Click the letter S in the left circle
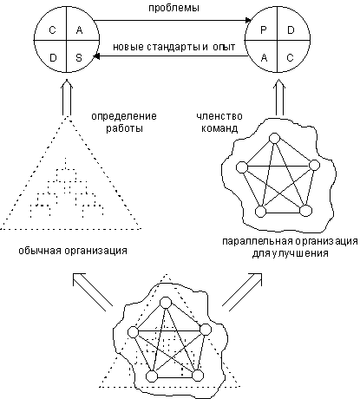[79, 58]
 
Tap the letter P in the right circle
[264, 29]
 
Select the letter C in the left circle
[52, 29]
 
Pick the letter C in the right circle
[290, 58]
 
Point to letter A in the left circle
[79, 29]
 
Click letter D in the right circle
[291, 29]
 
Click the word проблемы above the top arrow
[173, 8]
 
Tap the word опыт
[224, 47]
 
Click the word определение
[124, 116]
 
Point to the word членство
[219, 116]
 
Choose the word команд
[219, 128]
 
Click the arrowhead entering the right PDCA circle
[248, 20]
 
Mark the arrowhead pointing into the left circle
[96, 56]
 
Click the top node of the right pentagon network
[274, 138]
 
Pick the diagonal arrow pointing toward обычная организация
[93, 290]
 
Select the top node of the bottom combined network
[166, 303]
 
